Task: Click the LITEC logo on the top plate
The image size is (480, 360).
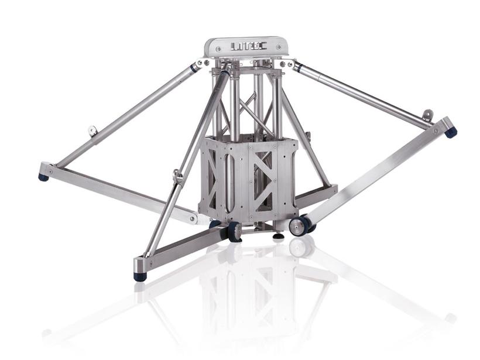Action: click(246, 46)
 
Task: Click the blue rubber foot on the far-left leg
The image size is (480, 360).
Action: click(44, 176)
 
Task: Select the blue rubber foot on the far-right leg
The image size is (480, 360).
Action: click(450, 132)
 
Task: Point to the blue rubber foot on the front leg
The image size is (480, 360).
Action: click(140, 276)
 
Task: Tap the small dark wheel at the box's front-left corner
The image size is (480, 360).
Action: click(235, 232)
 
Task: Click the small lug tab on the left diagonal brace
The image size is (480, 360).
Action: click(92, 131)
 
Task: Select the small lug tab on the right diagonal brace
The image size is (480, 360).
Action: click(428, 114)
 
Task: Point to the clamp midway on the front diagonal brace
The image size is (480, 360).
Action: click(178, 176)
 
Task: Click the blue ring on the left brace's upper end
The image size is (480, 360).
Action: click(194, 68)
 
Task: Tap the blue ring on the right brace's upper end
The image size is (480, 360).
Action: click(297, 67)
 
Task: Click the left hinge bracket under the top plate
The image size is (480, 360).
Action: click(205, 63)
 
